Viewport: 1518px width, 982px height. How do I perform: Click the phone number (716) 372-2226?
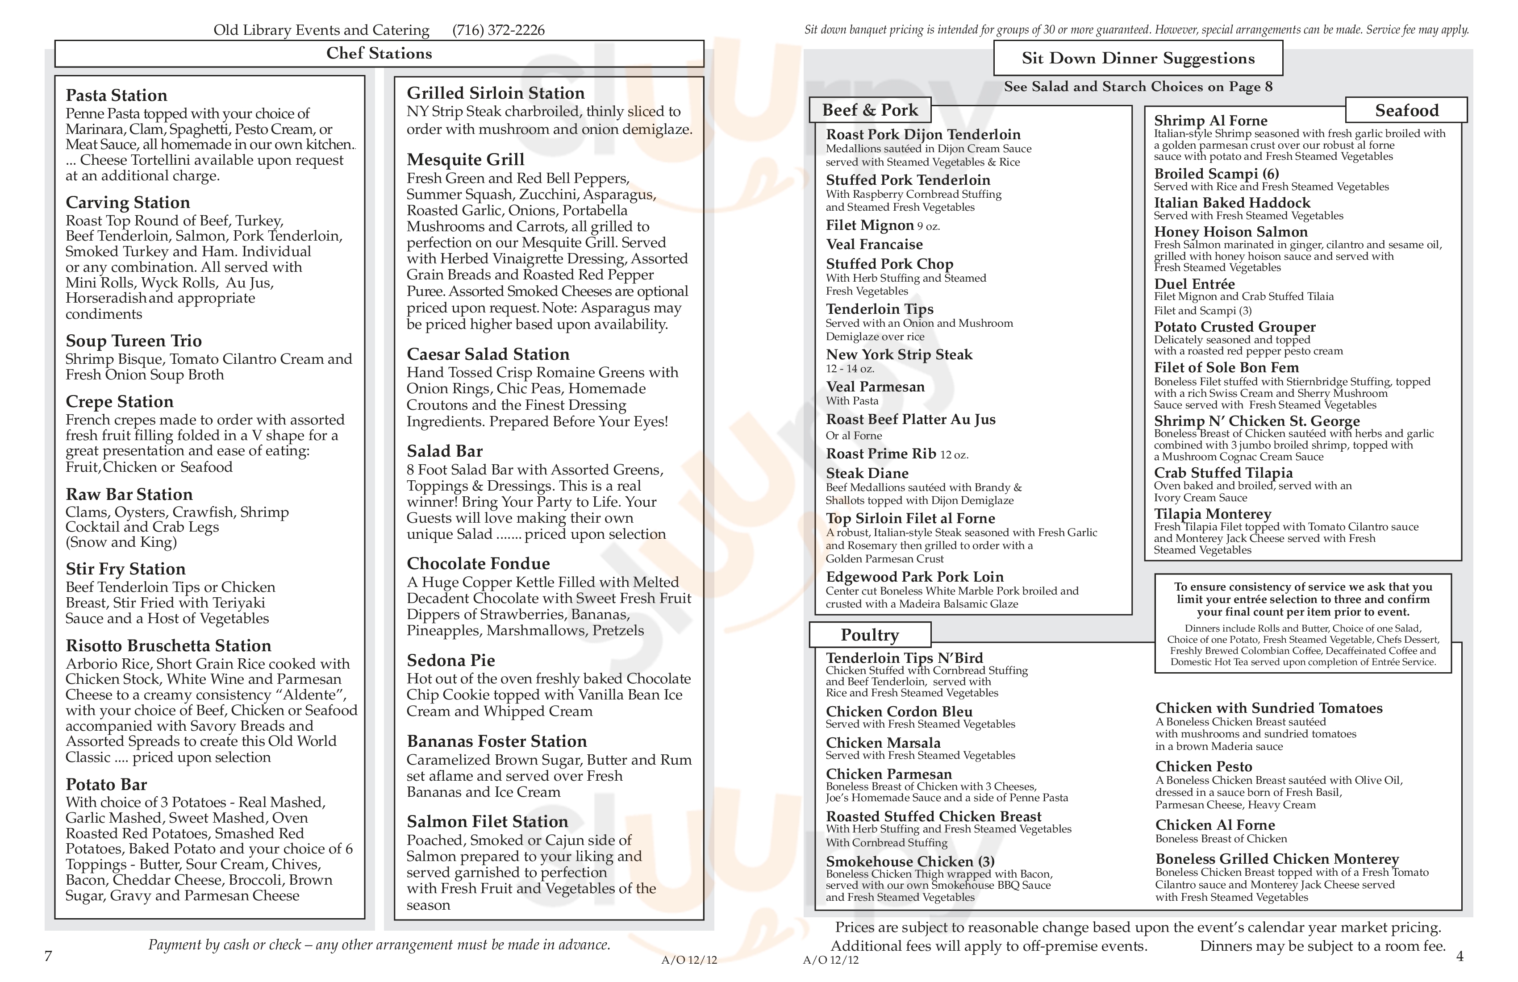point(498,30)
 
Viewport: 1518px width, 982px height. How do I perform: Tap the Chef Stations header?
point(379,54)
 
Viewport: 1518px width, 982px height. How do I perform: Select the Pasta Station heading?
point(116,95)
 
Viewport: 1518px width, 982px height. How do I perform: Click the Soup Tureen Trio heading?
point(133,341)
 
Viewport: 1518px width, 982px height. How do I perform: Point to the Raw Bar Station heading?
point(129,494)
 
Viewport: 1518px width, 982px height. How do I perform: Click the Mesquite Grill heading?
point(466,159)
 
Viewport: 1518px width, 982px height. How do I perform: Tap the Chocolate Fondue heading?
point(478,564)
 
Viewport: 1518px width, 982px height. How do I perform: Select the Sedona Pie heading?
point(451,660)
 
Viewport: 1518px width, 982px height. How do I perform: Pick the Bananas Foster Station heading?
point(497,741)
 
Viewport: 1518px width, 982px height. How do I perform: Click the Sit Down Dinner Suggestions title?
point(1138,58)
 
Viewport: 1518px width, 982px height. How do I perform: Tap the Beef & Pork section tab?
point(870,110)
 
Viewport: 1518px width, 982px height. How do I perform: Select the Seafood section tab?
point(1406,110)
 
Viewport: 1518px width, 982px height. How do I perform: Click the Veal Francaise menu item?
point(874,244)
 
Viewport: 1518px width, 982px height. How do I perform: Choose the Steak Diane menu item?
point(867,473)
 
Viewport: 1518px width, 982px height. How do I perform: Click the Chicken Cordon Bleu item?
point(899,712)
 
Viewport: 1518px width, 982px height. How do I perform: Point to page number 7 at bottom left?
point(48,956)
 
